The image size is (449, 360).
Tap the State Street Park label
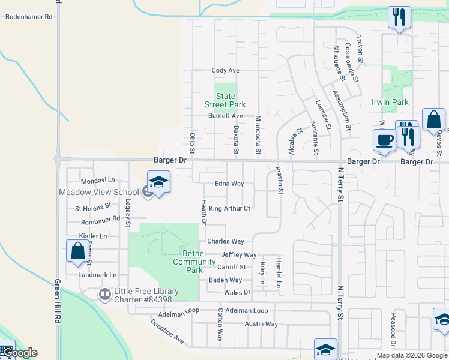(226, 100)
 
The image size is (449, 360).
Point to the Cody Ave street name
(226, 71)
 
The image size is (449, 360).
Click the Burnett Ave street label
(226, 116)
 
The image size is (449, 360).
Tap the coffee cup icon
(384, 140)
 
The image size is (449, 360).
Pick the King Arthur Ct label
(229, 209)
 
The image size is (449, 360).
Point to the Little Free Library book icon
(104, 293)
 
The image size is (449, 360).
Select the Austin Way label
(261, 324)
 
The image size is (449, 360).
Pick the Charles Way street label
(226, 242)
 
